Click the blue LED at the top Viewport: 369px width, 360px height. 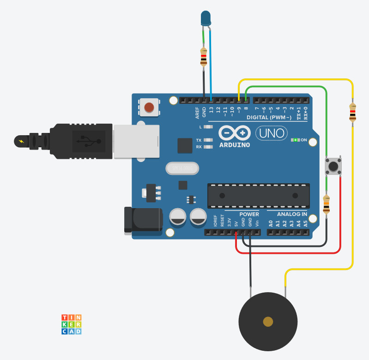205,19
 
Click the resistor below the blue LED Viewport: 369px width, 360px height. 203,57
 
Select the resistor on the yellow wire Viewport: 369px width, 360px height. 352,112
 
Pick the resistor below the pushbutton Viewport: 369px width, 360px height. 327,204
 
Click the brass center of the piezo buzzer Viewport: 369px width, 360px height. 267,322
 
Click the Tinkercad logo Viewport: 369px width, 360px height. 72,324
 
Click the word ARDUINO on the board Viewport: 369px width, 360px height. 234,145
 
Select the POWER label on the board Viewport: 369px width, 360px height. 249,215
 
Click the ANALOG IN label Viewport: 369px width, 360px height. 292,215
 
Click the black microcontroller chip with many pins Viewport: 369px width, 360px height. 258,195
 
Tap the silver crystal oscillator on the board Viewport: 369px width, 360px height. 182,168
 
